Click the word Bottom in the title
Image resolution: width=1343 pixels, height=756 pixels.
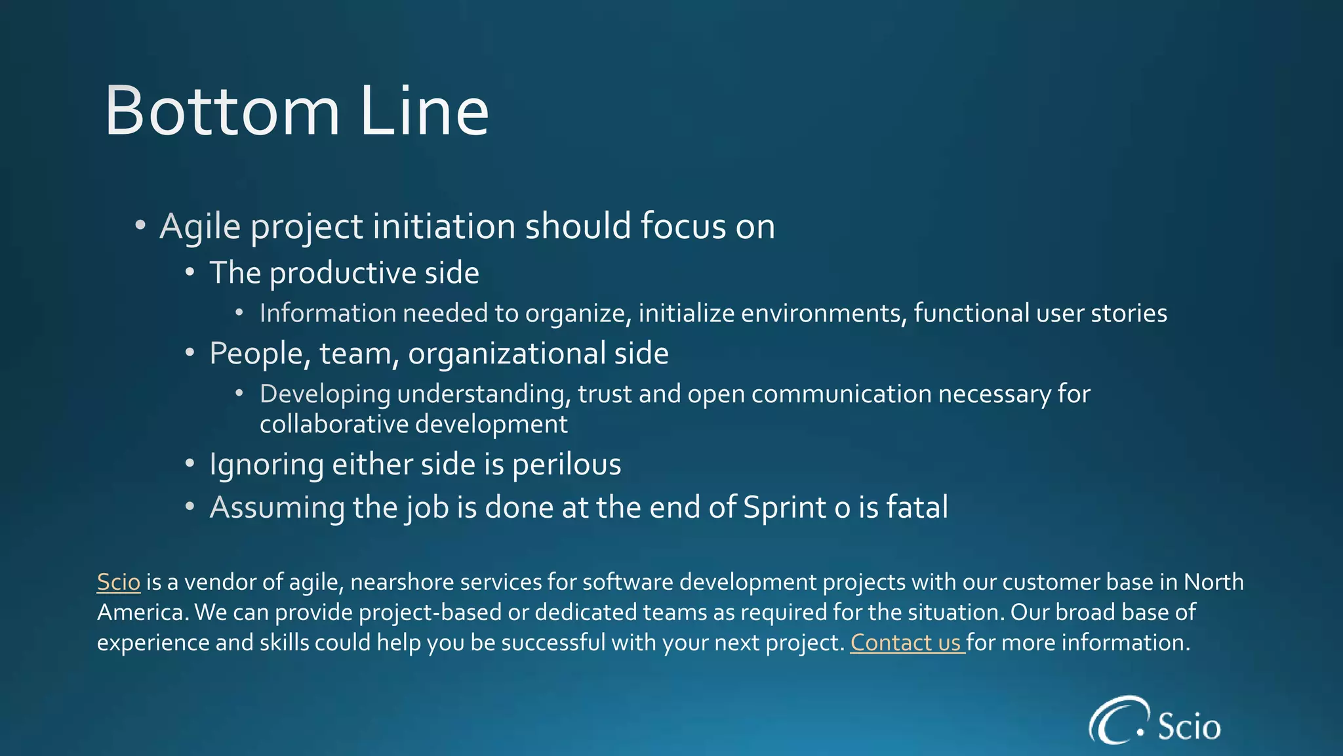(x=222, y=112)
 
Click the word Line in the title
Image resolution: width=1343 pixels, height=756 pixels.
(x=424, y=112)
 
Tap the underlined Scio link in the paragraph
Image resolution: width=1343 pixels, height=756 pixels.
(x=119, y=582)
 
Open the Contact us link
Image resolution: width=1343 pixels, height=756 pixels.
(x=907, y=642)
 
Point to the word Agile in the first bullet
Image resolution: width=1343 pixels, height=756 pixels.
(x=200, y=227)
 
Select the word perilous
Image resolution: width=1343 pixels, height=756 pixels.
(x=567, y=465)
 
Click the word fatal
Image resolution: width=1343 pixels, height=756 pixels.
(x=917, y=507)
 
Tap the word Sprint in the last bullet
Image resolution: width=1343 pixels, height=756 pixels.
(x=784, y=508)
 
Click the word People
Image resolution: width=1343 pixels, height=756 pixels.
(x=260, y=354)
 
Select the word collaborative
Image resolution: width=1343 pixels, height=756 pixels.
(x=334, y=424)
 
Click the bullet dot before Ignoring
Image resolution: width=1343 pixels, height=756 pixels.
(x=190, y=464)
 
